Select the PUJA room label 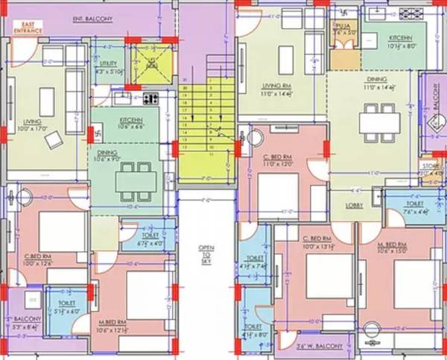click(343, 28)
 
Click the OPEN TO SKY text click(206, 253)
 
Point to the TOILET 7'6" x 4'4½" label click(415, 208)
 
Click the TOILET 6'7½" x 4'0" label click(151, 239)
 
